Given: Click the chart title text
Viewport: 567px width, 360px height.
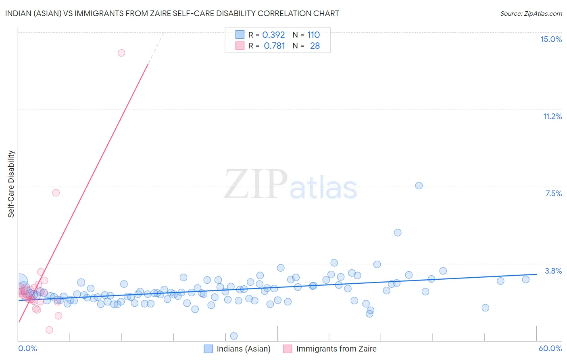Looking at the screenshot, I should (x=172, y=13).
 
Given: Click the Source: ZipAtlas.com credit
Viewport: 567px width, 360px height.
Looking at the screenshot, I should (x=531, y=13).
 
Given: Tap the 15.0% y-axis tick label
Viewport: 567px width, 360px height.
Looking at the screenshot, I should (x=551, y=39).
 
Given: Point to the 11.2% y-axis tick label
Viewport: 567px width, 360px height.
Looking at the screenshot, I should (x=552, y=116).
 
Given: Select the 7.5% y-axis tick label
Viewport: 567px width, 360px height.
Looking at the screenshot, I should (x=553, y=193).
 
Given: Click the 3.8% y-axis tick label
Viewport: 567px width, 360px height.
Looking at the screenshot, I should (x=553, y=271).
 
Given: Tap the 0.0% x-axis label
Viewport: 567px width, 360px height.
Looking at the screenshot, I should (x=27, y=348).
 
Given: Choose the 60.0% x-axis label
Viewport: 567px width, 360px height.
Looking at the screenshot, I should (x=550, y=348).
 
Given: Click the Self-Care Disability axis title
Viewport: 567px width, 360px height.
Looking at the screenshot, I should (x=11, y=184).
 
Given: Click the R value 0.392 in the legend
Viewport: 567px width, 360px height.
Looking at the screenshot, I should (x=273, y=35).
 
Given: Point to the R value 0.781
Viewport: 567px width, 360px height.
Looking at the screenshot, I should (x=274, y=46).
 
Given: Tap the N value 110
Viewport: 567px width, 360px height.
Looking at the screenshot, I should (x=313, y=35).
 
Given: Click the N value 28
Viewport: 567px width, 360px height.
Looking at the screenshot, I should (x=315, y=46).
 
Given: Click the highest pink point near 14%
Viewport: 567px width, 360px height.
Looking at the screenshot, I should (x=121, y=53).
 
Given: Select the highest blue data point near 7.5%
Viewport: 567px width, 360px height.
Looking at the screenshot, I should (x=419, y=186).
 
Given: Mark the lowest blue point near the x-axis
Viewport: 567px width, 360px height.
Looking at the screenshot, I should (x=233, y=336).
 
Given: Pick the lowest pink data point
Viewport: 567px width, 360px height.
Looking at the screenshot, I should (x=49, y=330).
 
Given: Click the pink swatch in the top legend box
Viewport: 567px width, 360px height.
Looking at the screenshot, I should (x=240, y=46).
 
